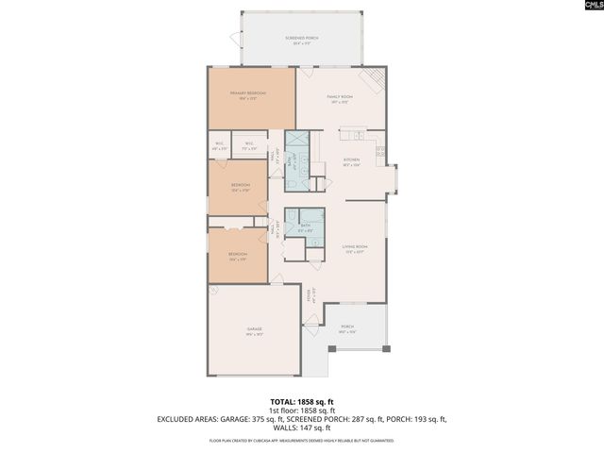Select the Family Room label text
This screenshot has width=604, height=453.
point(340,99)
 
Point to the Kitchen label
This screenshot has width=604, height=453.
point(352,162)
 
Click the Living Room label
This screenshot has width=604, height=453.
point(353,250)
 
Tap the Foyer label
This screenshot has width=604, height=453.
point(312,294)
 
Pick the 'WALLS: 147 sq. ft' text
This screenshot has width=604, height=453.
point(301,428)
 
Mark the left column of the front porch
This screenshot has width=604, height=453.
point(331,349)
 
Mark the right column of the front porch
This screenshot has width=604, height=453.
point(384,349)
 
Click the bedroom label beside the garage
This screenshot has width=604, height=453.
point(237,255)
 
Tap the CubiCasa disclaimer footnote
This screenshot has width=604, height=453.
point(301,441)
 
